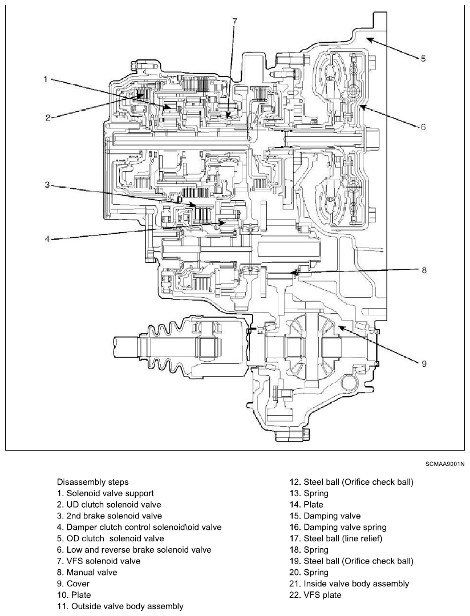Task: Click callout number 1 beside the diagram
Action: pos(46,79)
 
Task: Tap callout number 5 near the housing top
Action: pos(423,59)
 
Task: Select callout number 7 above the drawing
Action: pos(234,21)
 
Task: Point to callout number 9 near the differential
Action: pos(424,364)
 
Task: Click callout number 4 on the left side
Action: pos(47,239)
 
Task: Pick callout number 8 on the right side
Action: pos(424,270)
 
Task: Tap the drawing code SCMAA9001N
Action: pos(445,464)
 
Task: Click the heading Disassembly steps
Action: pos(93,482)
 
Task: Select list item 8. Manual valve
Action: pos(87,573)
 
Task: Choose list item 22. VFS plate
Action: pos(315,595)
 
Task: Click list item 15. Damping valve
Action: pos(325,516)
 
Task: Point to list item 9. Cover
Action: pos(73,584)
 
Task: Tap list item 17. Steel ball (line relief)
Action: pos(335,538)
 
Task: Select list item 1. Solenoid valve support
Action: pos(106,493)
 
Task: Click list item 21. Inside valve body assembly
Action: pos(349,584)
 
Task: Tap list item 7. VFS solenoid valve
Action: pos(99,561)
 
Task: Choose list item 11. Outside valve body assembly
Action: pos(120,606)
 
